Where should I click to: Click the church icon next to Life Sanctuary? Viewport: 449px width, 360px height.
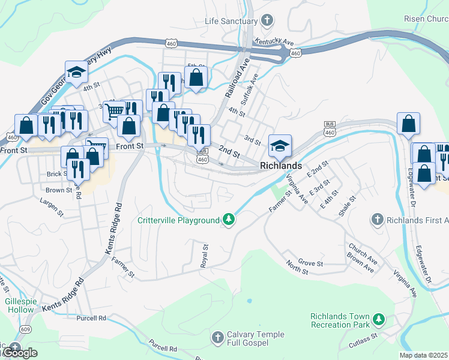(x=267, y=22)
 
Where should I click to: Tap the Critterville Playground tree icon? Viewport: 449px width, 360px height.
(x=228, y=220)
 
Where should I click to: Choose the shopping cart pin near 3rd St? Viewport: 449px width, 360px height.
(x=113, y=110)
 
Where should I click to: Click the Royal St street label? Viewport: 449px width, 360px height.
(x=205, y=255)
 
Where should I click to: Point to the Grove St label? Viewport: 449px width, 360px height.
(x=311, y=263)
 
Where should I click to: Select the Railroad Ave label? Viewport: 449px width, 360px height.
(x=237, y=78)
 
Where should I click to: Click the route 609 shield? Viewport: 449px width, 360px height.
(x=25, y=329)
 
